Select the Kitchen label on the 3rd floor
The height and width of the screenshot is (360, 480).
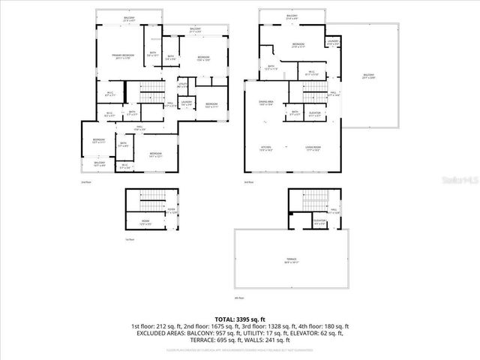pyautogui.click(x=265, y=148)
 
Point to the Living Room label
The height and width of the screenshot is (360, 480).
pyautogui.click(x=313, y=148)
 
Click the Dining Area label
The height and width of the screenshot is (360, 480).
pyautogui.click(x=265, y=103)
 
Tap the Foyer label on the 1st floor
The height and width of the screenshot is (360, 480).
pyautogui.click(x=171, y=211)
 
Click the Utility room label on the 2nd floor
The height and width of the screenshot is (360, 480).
pyautogui.click(x=182, y=85)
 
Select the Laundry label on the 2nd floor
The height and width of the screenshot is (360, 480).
pyautogui.click(x=186, y=103)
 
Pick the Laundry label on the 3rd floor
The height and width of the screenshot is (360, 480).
pyautogui.click(x=334, y=43)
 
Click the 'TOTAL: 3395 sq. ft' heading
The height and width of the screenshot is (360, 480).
pyautogui.click(x=240, y=319)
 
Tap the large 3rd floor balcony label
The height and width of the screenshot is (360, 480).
pyautogui.click(x=368, y=76)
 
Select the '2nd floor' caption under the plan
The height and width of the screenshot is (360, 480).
pyautogui.click(x=85, y=182)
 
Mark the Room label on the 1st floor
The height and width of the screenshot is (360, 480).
pyautogui.click(x=145, y=223)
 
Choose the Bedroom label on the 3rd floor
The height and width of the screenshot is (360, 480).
pyautogui.click(x=296, y=46)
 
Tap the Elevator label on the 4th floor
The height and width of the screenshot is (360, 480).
pyautogui.click(x=319, y=221)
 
